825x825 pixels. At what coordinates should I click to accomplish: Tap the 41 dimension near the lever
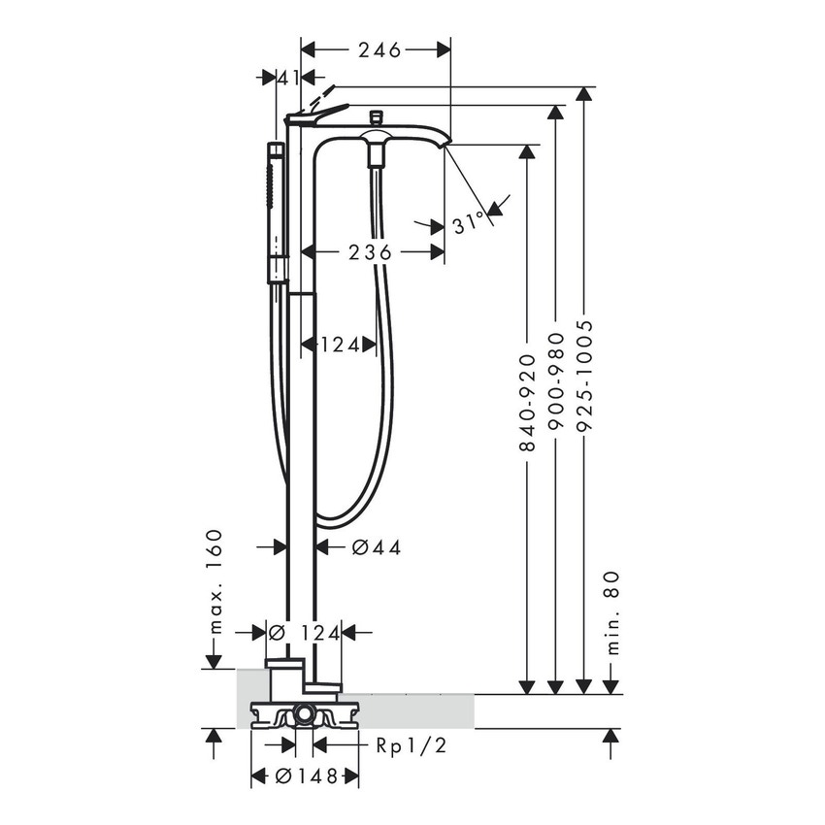(x=286, y=78)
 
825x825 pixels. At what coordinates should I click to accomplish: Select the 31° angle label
(x=468, y=223)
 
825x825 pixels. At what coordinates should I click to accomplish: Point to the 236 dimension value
(x=370, y=252)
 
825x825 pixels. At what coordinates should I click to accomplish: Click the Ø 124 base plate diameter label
(x=304, y=633)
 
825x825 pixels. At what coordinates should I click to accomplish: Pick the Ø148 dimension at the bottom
(x=305, y=776)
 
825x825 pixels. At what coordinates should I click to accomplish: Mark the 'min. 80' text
(x=611, y=611)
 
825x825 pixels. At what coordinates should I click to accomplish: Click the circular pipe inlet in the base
(x=305, y=718)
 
